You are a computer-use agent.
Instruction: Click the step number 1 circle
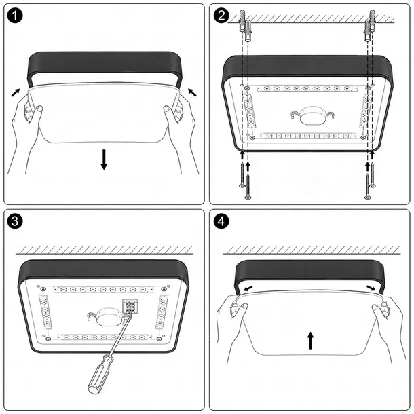coord(16,16)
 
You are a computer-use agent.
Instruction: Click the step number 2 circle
coord(221,16)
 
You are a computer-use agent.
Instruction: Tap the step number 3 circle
coord(16,221)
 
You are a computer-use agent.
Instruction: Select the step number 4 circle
coord(221,221)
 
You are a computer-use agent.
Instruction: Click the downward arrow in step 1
coord(104,159)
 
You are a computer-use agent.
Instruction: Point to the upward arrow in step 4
coord(311,341)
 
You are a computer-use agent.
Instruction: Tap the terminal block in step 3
coord(130,307)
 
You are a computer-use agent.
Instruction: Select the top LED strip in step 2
coord(307,88)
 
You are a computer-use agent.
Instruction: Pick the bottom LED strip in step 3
coord(105,337)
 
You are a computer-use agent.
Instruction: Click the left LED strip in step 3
coord(45,312)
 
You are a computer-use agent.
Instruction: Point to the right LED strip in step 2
coord(366,111)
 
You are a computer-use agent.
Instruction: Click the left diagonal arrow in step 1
coord(16,92)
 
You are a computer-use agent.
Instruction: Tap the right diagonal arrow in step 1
coord(192,92)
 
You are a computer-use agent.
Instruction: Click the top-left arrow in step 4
coord(248,288)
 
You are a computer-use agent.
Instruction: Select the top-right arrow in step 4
coord(371,288)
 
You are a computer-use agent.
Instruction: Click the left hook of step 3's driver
coord(92,316)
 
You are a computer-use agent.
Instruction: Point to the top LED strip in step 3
coord(103,290)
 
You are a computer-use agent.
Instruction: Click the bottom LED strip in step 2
coord(308,136)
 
